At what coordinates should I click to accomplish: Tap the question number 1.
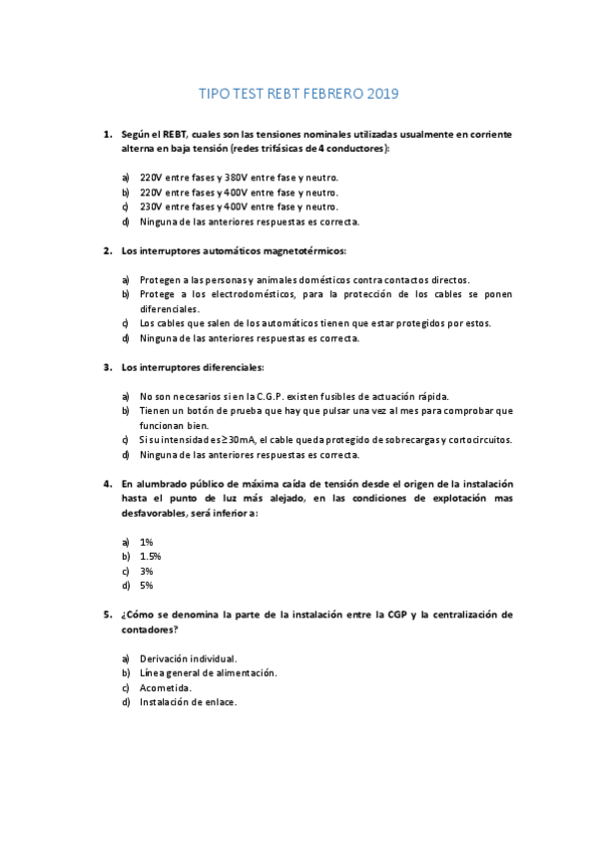(108, 133)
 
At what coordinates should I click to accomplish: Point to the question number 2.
(108, 250)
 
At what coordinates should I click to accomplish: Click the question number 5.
(108, 615)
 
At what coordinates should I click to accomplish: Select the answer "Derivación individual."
(188, 658)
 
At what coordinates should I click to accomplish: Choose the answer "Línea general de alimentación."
(208, 673)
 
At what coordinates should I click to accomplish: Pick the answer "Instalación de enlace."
(188, 702)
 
